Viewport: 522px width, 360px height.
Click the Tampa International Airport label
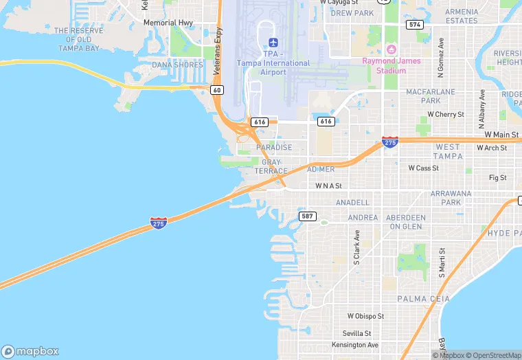coord(273,63)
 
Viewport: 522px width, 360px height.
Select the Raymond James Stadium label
coord(391,65)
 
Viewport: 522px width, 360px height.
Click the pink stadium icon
coord(391,49)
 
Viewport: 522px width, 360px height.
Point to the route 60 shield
coord(217,90)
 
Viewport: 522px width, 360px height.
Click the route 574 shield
coord(415,24)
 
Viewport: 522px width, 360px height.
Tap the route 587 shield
coord(307,216)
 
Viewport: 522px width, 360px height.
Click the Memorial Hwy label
coord(168,23)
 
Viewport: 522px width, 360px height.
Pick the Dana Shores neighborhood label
coord(178,65)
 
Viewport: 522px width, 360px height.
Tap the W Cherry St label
coord(446,114)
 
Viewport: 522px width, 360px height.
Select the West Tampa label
coord(448,151)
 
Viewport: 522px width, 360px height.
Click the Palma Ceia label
coord(424,299)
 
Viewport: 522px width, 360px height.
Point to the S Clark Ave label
coord(357,247)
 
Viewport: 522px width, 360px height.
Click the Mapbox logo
coord(30,351)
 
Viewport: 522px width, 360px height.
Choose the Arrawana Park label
coord(451,198)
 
